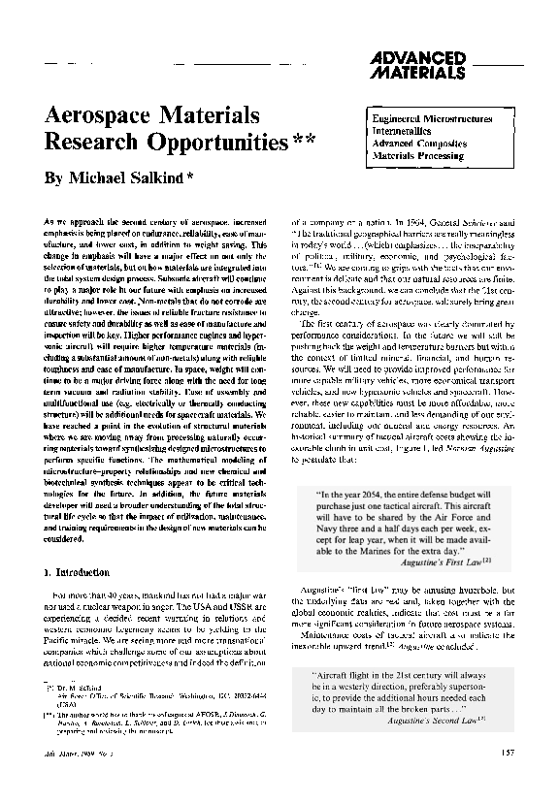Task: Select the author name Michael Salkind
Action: coord(137,180)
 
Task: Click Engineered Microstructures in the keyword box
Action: coord(432,118)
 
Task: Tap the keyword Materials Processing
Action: coord(419,155)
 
